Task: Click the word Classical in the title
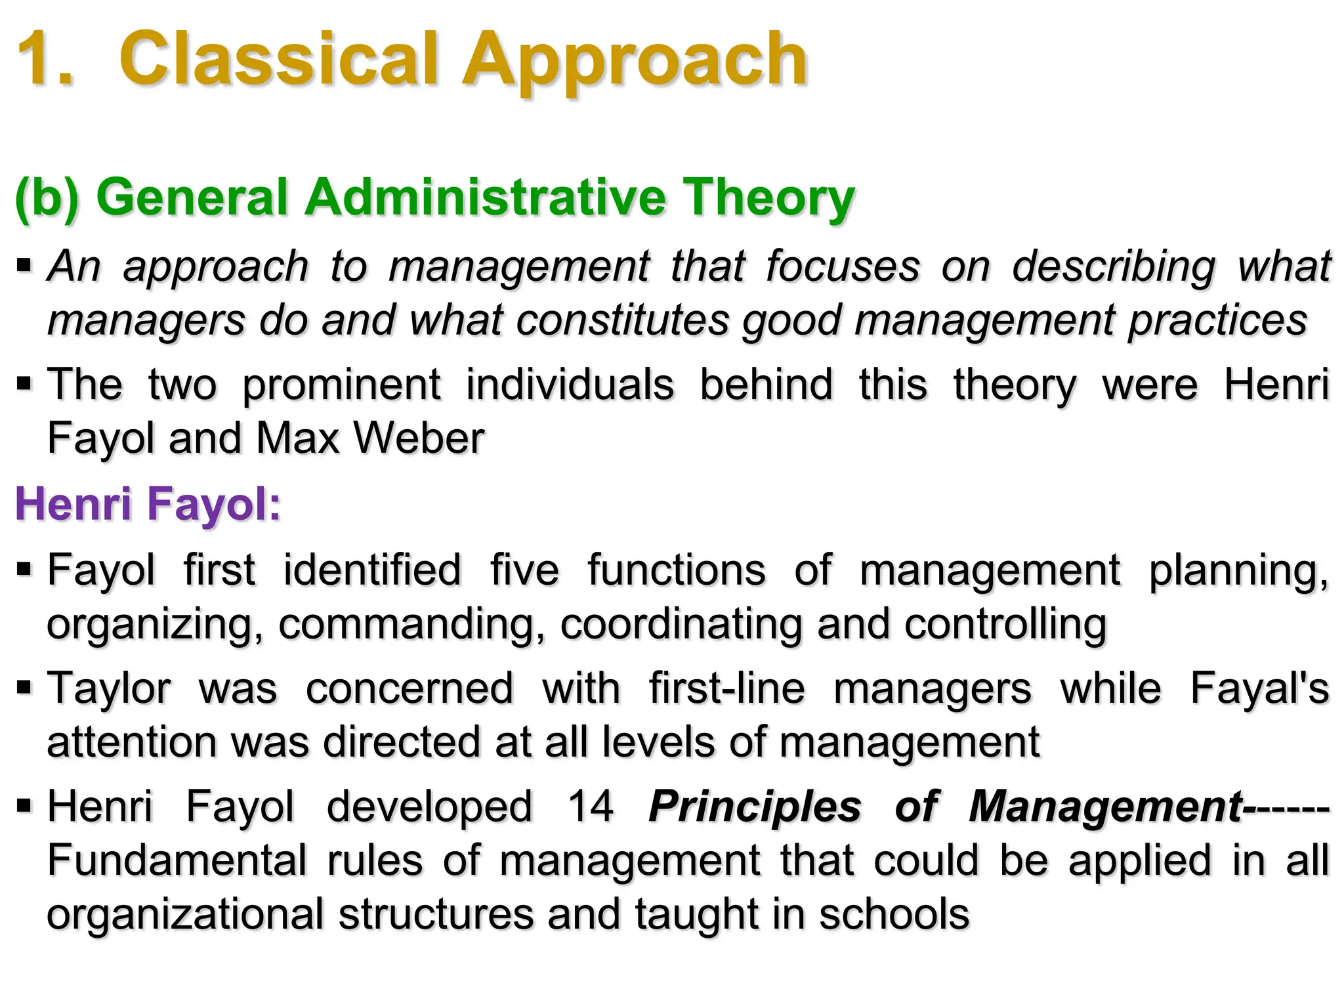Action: point(278,60)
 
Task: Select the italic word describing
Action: point(1113,268)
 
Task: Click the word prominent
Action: point(341,385)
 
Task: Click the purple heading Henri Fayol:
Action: point(148,505)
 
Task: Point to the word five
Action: point(525,570)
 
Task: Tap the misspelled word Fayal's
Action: point(1259,688)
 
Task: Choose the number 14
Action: point(591,807)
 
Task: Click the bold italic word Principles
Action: point(754,808)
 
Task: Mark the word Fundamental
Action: point(177,860)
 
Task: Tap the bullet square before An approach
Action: point(24,266)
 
